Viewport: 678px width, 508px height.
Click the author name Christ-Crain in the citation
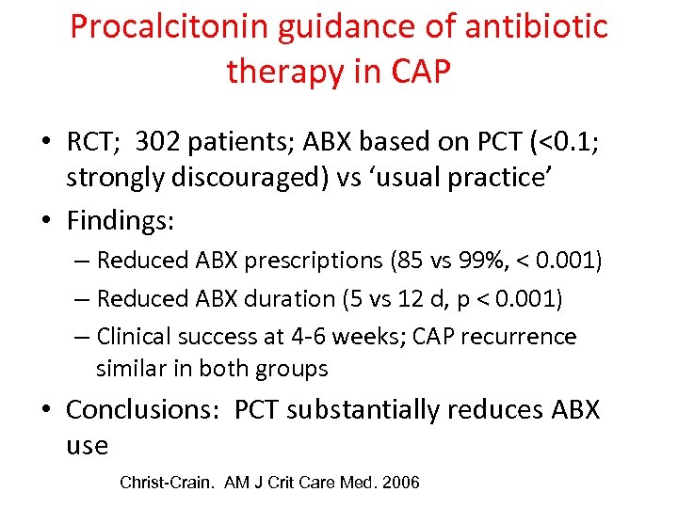167,483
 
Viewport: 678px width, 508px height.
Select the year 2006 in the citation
397,483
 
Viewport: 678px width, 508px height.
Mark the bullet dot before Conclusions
45,410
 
